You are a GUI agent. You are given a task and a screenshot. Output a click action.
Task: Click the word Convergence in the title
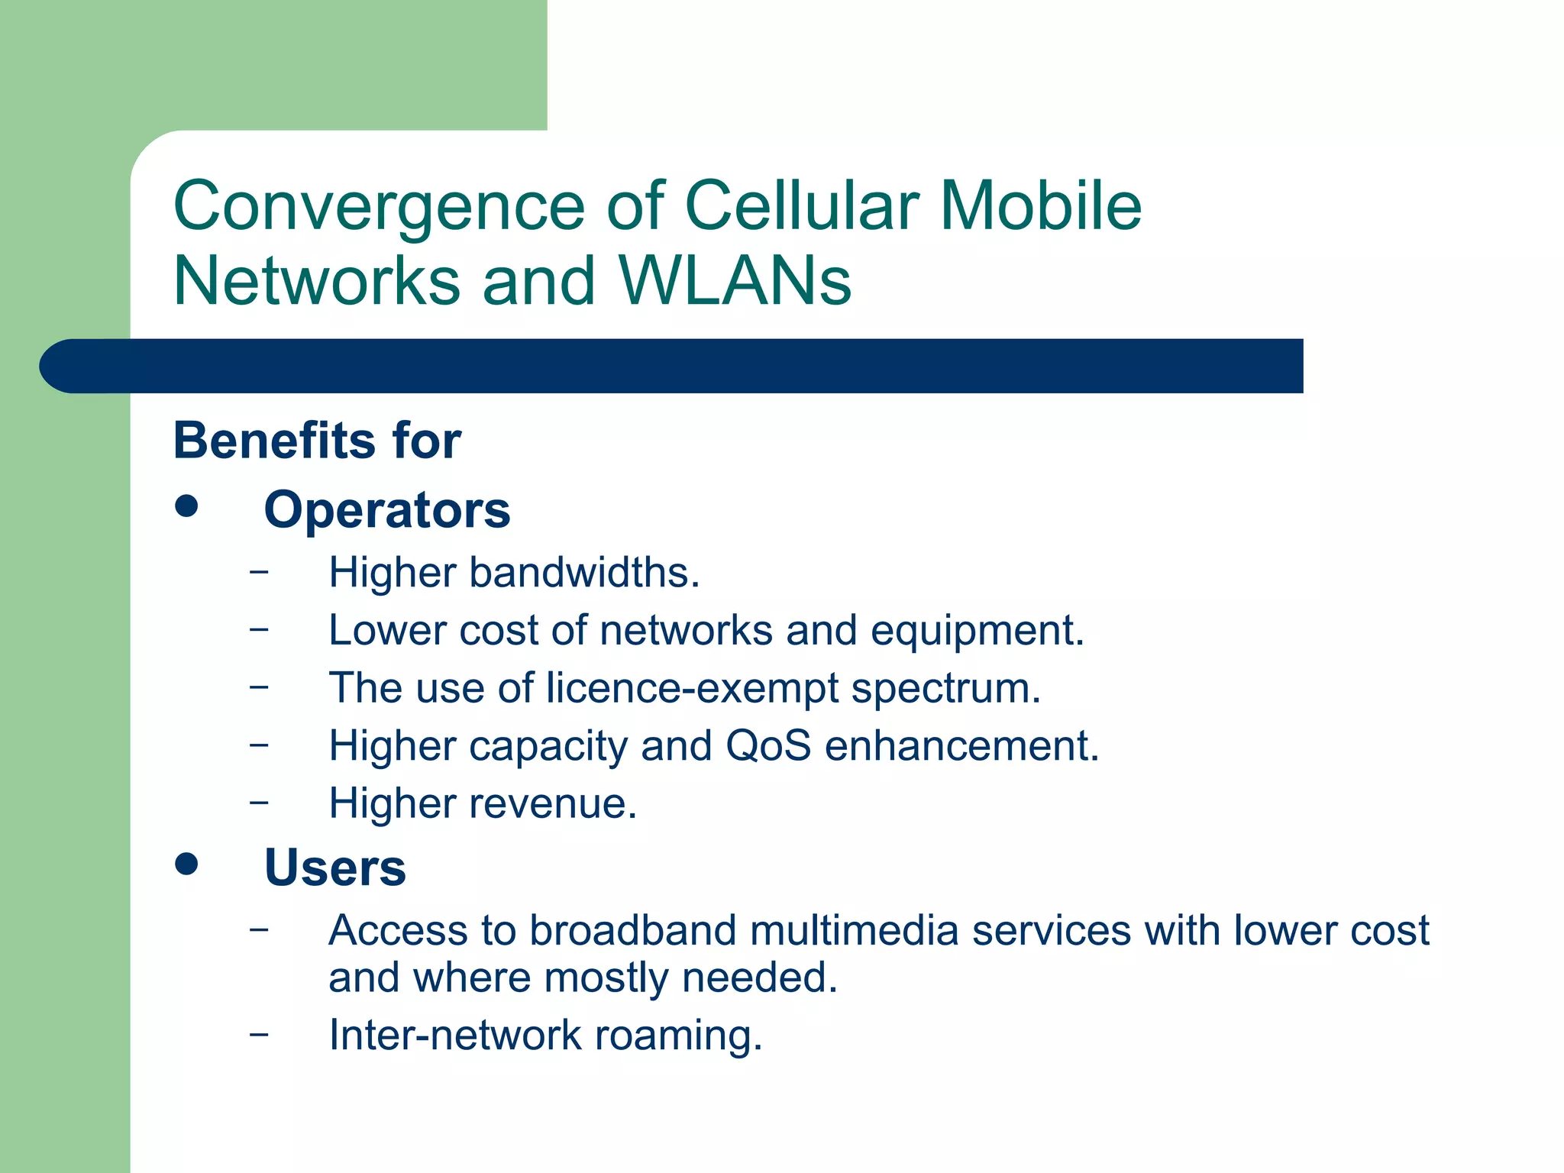379,208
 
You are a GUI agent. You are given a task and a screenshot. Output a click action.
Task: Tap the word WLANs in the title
735,281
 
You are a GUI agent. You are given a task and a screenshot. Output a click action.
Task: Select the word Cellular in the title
801,206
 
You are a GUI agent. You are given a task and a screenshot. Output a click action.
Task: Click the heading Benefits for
317,441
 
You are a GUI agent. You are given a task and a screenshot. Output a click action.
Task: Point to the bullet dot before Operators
186,506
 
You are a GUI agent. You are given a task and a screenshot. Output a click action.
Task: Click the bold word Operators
386,510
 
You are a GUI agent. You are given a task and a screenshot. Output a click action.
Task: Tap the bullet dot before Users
186,864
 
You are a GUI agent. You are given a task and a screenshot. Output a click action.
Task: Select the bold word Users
334,868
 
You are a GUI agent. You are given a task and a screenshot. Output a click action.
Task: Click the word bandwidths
583,573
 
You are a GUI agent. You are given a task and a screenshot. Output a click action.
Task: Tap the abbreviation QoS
767,745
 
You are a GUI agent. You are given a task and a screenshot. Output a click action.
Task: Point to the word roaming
678,1036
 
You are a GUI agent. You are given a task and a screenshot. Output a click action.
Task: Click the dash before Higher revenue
259,802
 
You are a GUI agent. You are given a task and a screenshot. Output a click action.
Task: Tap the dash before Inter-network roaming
259,1034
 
